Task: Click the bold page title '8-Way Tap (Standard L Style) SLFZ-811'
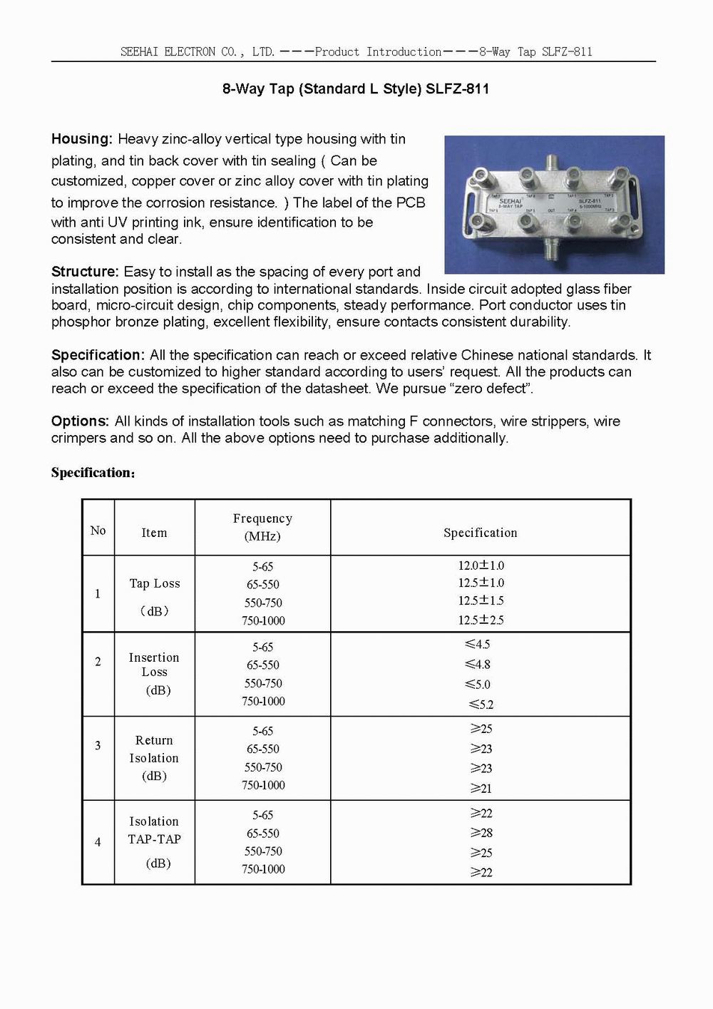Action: [x=356, y=89]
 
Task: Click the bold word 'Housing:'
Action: [x=81, y=139]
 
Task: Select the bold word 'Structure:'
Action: [x=84, y=272]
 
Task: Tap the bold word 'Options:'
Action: [x=80, y=421]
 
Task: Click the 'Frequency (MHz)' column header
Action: [x=262, y=527]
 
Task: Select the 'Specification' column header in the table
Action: [x=480, y=533]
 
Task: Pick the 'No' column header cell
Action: [x=98, y=531]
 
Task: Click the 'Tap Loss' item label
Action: [x=155, y=583]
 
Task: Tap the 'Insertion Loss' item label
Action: [x=154, y=665]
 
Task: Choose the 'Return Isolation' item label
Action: [x=154, y=749]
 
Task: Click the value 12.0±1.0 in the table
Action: [x=481, y=565]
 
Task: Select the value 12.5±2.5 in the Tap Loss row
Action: [x=481, y=620]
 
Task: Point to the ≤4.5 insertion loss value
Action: [x=478, y=645]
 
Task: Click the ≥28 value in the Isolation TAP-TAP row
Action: [x=481, y=833]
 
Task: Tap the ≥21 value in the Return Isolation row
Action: [x=481, y=789]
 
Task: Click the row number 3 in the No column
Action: [x=98, y=746]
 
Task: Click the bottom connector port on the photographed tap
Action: [x=550, y=251]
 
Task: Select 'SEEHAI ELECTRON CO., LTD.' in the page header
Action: [x=198, y=52]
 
